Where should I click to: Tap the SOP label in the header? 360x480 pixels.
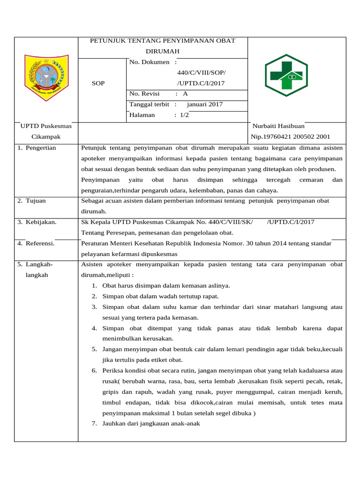pos(98,83)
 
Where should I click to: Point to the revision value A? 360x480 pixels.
pos(185,94)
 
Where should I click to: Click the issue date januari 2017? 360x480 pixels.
pos(204,105)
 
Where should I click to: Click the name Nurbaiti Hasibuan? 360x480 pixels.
pos(278,126)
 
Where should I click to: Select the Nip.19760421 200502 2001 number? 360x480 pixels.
pos(291,137)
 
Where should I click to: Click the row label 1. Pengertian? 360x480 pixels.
pos(37,148)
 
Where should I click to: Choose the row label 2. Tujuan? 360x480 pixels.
pos(32,201)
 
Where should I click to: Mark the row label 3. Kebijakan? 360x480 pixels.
pos(37,222)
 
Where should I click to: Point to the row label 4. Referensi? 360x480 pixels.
pos(36,243)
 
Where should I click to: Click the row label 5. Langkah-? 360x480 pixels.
pos(36,264)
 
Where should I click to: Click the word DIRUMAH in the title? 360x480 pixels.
pos(162,51)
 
